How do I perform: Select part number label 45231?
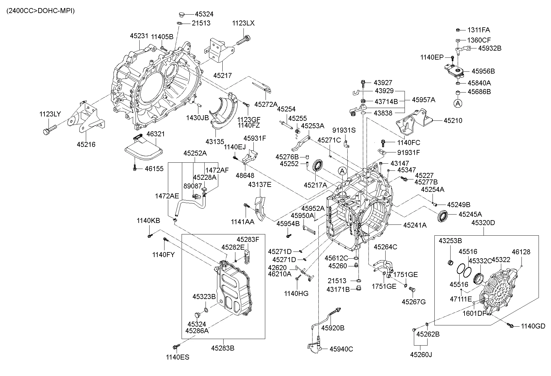pyautogui.click(x=139, y=36)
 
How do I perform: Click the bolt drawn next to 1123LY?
pyautogui.click(x=49, y=130)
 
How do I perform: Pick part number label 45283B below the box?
pyautogui.click(x=223, y=348)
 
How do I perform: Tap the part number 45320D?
pyautogui.click(x=483, y=223)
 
